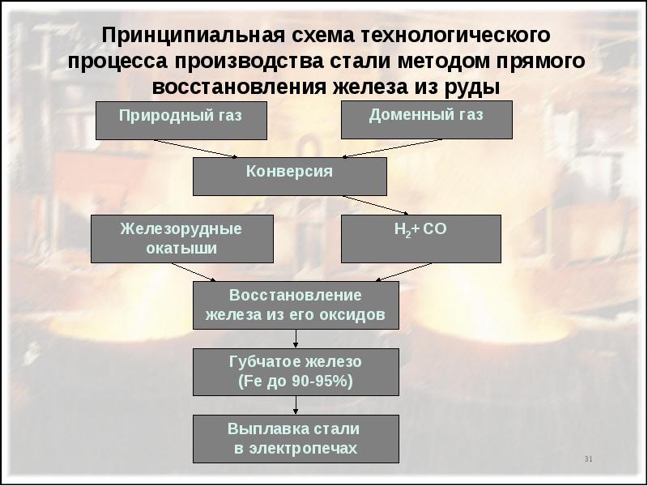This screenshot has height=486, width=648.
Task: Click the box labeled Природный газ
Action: (x=181, y=120)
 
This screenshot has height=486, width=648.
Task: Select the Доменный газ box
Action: (x=427, y=120)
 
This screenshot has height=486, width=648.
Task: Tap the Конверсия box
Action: (x=290, y=177)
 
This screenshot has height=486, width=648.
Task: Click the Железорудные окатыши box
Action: (x=181, y=239)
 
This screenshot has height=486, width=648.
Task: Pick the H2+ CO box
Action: (x=420, y=239)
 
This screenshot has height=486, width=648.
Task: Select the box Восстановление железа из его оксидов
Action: (x=296, y=305)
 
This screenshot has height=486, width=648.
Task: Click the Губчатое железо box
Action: (x=296, y=372)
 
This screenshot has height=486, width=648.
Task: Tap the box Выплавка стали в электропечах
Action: (x=296, y=439)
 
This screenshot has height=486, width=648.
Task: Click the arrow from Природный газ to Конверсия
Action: (x=195, y=148)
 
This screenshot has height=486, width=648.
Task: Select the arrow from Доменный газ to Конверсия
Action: (x=392, y=148)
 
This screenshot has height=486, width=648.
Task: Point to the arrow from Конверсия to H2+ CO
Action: (x=376, y=206)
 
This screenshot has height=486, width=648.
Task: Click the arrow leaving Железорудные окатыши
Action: (x=194, y=272)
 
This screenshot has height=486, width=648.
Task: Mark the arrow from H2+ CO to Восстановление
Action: (x=403, y=272)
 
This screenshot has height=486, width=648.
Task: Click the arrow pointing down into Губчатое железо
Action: (x=296, y=339)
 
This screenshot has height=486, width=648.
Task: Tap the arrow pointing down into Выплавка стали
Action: (x=296, y=406)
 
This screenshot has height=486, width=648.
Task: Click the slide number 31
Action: (x=589, y=458)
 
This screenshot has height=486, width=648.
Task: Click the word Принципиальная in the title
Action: (x=193, y=36)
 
